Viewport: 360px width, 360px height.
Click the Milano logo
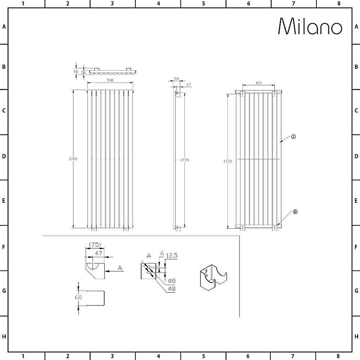pos(310,27)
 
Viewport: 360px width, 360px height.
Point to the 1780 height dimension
pos(73,159)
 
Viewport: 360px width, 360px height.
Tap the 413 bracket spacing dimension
pos(258,83)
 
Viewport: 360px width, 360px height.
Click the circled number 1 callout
pos(293,136)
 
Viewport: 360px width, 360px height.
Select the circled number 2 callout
pos(295,212)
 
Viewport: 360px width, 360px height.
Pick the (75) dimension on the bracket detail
pos(95,244)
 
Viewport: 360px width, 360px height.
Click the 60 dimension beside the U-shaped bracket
pos(78,297)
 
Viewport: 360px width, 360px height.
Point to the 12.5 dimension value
pos(172,255)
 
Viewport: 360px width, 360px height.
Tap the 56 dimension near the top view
pos(84,72)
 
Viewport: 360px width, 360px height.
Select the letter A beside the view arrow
pos(120,268)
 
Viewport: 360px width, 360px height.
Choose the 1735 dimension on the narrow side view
pos(184,160)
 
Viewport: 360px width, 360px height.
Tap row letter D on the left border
pos(4,157)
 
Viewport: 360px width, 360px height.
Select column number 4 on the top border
pos(158,4)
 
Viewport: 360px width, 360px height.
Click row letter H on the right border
pos(356,336)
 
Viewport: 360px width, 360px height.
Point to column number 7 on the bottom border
pos(293,356)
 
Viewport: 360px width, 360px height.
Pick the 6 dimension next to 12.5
pos(162,254)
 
